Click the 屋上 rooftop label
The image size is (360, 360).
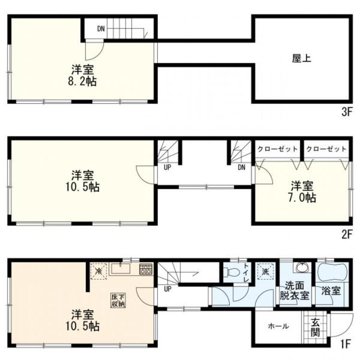301,59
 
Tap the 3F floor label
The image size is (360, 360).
347,113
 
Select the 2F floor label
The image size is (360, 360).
347,235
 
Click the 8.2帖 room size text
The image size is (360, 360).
84,81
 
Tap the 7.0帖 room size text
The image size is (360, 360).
302,197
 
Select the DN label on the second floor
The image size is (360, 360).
241,168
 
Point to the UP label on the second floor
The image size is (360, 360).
168,168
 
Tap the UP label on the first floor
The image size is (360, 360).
168,289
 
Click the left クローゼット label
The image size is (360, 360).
277,149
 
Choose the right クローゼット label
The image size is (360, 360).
326,149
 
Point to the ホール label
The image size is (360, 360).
278,326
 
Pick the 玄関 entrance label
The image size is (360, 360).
316,327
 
